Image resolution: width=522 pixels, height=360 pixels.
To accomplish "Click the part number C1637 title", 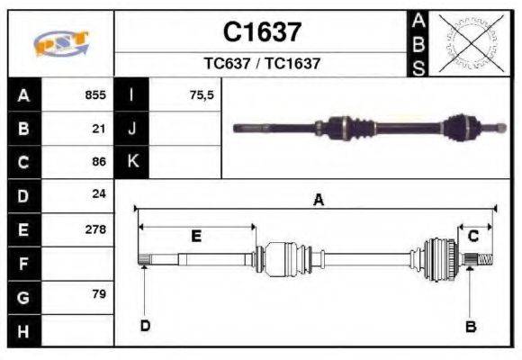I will [262, 32].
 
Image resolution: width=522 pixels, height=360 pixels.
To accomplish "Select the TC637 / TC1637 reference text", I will [262, 64].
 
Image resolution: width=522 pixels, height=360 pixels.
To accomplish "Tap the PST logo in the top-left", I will [61, 43].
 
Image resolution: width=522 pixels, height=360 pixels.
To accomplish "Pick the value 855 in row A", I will [95, 94].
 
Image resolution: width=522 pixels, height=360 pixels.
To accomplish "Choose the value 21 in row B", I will [99, 128].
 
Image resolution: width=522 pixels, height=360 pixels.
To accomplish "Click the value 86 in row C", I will [99, 162].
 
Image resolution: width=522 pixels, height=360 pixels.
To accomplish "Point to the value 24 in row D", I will [99, 194].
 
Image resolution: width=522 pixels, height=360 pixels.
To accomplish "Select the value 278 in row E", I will [95, 229].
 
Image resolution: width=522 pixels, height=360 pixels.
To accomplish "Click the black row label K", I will [132, 162].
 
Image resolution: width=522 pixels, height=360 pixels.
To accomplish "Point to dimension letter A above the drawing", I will [317, 200].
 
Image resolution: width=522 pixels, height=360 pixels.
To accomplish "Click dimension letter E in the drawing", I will [195, 236].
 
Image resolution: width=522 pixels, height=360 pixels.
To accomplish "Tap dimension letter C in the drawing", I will [472, 236].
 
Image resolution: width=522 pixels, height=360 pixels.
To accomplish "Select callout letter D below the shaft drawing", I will [144, 326].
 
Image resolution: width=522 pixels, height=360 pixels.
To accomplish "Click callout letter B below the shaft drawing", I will [470, 327].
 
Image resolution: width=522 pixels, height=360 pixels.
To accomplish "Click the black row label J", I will [132, 128].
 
